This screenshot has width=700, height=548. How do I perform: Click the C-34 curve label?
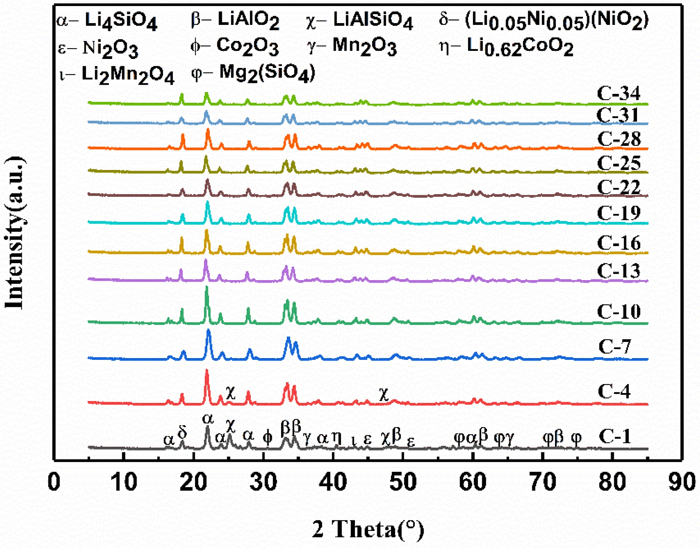619,94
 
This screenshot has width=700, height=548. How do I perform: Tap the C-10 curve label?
619,312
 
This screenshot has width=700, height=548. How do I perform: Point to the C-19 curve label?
619,213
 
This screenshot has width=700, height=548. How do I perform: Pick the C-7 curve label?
615,346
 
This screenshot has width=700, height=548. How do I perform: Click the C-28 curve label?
619,139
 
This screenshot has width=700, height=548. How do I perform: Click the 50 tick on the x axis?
403,483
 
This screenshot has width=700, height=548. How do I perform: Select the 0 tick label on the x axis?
54,483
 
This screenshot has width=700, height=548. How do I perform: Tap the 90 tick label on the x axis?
682,483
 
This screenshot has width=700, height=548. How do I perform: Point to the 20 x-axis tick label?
193,483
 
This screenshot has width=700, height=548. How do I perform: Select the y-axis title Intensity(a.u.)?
15,233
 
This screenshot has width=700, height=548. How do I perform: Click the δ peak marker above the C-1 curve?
182,432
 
